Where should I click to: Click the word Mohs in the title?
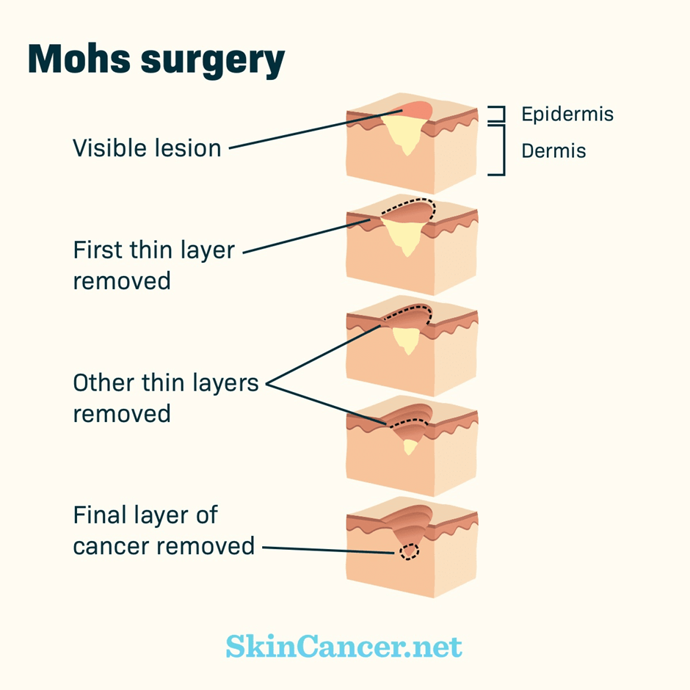tap(80, 60)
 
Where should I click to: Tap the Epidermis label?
tap(567, 115)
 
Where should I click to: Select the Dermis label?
tap(553, 151)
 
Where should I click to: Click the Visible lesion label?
tap(147, 148)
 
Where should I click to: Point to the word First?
tap(99, 250)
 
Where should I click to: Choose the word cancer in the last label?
tap(118, 546)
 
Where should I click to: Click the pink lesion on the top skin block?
tap(417, 109)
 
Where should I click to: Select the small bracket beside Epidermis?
tap(498, 114)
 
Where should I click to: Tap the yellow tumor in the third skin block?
tap(405, 339)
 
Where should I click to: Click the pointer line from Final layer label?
tap(330, 549)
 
